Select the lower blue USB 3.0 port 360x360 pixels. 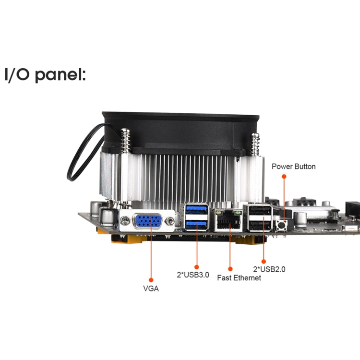[195, 222]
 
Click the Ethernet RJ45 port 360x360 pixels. [227, 222]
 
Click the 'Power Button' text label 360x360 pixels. [294, 167]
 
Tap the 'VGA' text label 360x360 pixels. [151, 288]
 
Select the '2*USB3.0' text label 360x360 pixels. [193, 275]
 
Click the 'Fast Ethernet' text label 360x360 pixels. [239, 278]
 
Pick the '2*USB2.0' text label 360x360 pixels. [269, 269]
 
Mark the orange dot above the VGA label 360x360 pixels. [151, 279]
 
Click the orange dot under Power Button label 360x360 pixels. [284, 177]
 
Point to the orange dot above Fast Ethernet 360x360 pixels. [230, 269]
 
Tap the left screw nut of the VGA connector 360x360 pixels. [125, 221]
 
